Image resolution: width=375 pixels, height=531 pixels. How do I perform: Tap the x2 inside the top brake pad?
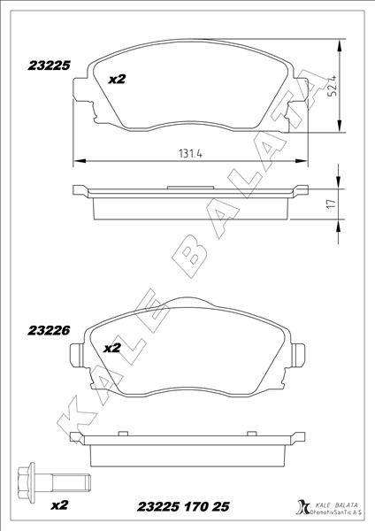(x=117, y=80)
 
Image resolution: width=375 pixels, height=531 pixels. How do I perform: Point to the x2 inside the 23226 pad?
(x=112, y=348)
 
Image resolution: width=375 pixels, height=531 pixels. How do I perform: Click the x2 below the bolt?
(x=59, y=506)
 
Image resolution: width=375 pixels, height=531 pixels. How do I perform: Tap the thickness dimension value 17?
(x=331, y=204)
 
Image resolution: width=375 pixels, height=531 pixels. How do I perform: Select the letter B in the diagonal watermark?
(x=193, y=250)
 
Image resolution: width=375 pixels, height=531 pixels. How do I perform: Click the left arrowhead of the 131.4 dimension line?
(x=77, y=160)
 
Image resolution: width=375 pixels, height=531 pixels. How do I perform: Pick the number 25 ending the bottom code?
(x=220, y=507)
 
